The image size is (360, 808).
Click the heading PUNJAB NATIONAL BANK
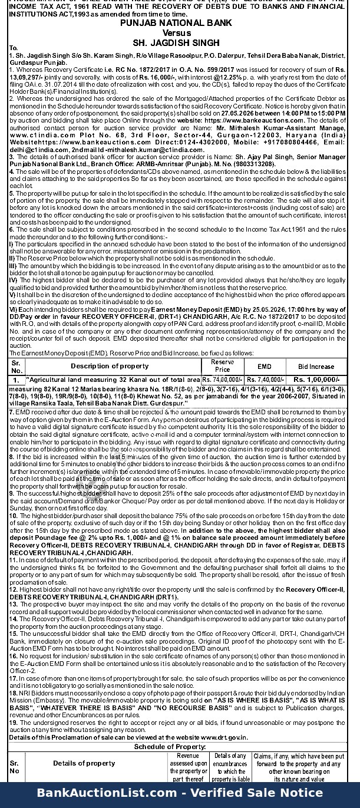pos(180,23)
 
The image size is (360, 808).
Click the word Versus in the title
pos(180,32)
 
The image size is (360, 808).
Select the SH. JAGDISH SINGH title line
pos(180,42)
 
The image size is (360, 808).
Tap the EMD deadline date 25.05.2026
pos(265,308)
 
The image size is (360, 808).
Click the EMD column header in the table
pos(265,366)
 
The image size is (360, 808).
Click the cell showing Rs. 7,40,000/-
pos(265,380)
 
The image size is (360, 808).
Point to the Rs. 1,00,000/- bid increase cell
pos(316,380)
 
